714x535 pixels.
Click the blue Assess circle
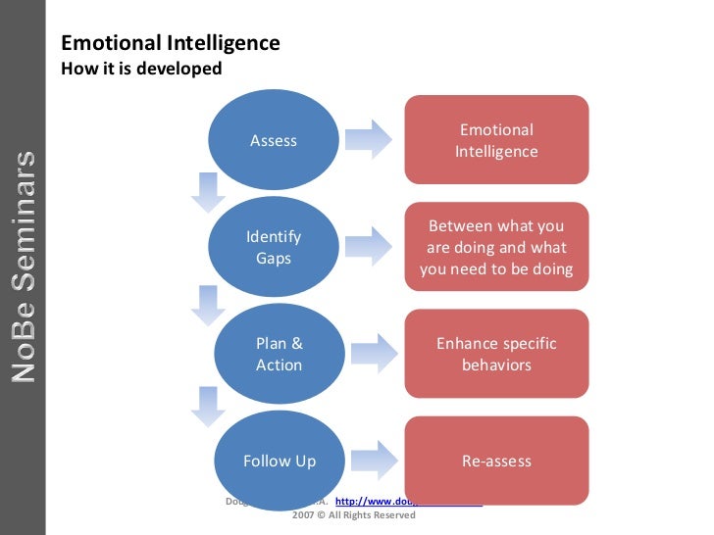274,140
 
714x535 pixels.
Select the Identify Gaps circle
274,248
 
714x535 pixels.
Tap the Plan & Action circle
279,354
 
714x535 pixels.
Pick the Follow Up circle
279,461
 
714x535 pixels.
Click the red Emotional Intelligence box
496,140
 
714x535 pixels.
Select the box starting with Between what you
496,248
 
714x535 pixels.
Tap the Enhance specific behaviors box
496,354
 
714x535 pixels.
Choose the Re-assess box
496,461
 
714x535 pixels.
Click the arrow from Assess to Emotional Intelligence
371,140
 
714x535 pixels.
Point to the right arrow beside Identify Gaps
371,247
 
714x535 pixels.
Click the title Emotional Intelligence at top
171,44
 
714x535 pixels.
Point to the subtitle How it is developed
141,69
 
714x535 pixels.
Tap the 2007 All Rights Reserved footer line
354,514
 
